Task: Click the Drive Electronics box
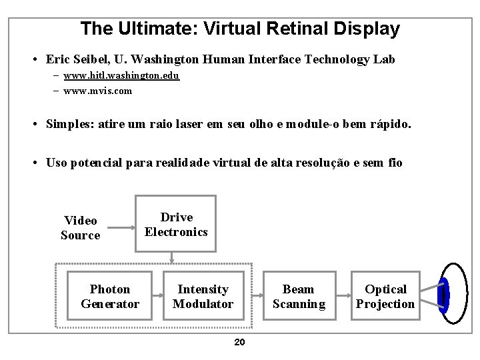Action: pos(176,224)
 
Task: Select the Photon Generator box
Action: pos(110,297)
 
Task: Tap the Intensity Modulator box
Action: pos(203,297)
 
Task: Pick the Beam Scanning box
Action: pos(299,297)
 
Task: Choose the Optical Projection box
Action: pos(385,297)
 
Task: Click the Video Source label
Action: pos(81,227)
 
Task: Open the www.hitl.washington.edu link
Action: pos(121,76)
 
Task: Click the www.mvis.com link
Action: pos(97,91)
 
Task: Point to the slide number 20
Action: pos(240,343)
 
